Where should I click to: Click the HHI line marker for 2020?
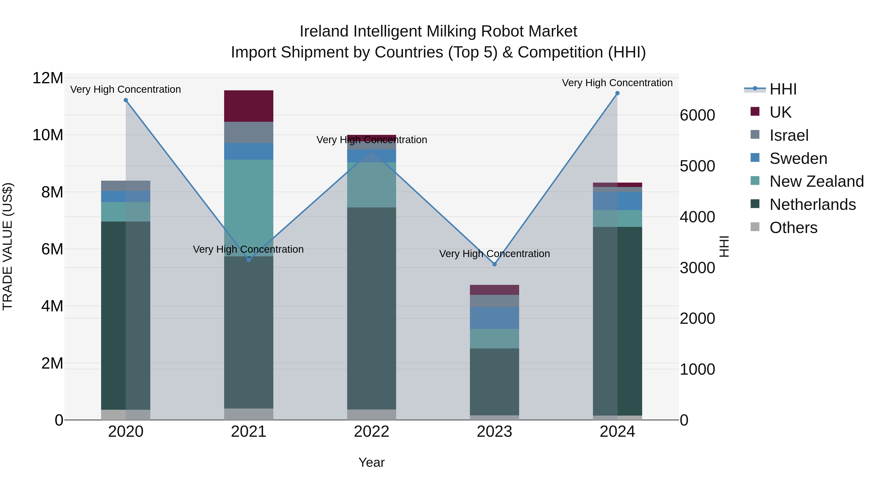(x=126, y=100)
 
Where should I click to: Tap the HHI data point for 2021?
(x=248, y=260)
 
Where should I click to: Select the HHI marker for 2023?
(x=494, y=264)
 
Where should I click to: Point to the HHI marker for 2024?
(x=617, y=93)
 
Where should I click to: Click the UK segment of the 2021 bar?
(x=248, y=106)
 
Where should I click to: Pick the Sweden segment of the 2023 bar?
(x=494, y=318)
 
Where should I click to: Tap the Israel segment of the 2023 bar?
(x=494, y=301)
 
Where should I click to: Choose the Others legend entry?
(x=793, y=228)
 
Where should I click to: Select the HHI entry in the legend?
(x=783, y=89)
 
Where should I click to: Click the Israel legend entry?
(x=789, y=135)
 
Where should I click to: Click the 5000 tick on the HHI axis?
(x=697, y=166)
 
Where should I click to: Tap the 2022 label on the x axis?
(x=372, y=432)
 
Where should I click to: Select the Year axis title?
(x=372, y=462)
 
